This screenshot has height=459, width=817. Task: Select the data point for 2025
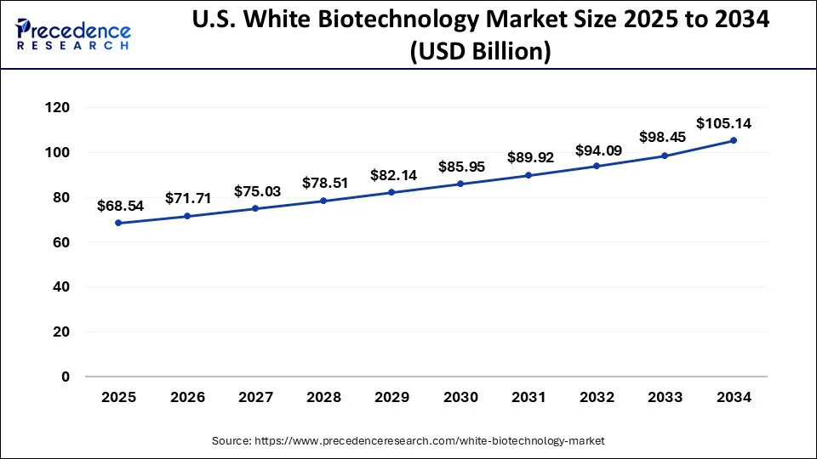coord(118,223)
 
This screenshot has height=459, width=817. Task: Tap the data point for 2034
coord(734,141)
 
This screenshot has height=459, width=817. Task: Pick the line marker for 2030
coord(460,184)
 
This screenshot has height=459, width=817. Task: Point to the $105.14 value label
coord(723,123)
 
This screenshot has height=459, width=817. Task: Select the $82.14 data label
coord(391,175)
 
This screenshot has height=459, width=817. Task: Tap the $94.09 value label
coord(597,150)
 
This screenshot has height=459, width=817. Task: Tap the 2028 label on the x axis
coord(323,397)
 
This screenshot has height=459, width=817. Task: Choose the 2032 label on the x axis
coord(597,397)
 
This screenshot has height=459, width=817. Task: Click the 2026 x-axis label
coord(186,397)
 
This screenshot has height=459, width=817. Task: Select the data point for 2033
coord(666,156)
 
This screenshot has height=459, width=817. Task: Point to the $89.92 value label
coord(528,157)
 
